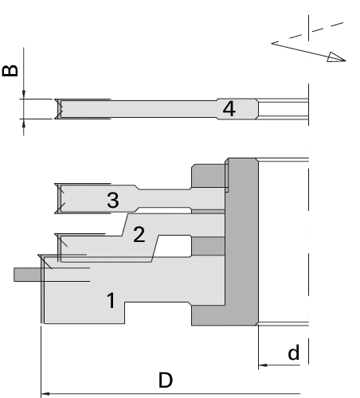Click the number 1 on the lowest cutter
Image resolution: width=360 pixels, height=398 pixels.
112,300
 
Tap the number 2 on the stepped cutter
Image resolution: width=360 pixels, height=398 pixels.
139,234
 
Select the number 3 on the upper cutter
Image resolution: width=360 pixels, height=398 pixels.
113,200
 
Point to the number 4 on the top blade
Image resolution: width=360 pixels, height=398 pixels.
229,108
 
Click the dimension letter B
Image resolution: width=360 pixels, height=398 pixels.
10,71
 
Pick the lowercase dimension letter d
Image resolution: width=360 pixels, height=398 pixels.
294,352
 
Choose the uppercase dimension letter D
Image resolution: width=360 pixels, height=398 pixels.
166,380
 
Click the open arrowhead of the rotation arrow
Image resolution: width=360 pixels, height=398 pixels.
336,57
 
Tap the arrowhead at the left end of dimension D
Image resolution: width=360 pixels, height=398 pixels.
45,393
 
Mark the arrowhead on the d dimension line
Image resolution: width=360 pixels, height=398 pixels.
263,365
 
